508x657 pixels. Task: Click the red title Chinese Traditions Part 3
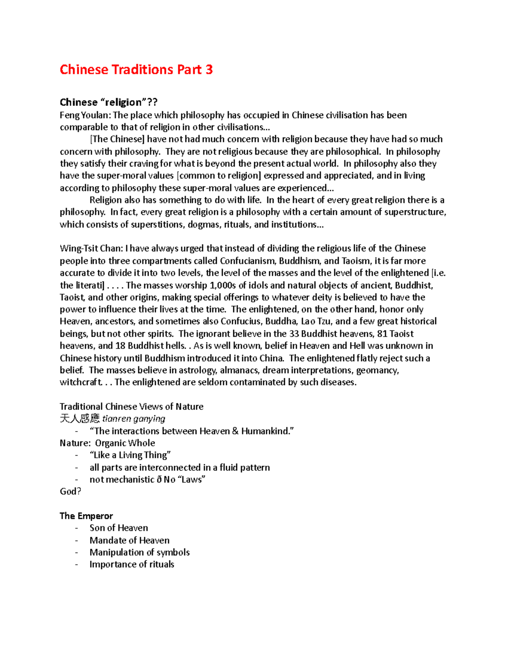[136, 69]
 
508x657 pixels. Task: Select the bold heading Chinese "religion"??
[108, 102]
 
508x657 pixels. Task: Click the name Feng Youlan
[84, 115]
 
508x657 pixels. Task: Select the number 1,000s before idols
[223, 285]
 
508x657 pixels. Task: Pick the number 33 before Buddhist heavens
[294, 333]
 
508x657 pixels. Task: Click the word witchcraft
[80, 382]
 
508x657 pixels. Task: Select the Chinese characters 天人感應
[80, 419]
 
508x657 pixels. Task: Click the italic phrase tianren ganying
[134, 419]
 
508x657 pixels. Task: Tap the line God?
[70, 491]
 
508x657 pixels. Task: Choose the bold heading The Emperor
[86, 516]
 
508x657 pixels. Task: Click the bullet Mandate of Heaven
[130, 540]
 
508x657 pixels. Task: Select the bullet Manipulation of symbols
[139, 552]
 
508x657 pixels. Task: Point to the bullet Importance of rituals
[132, 564]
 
